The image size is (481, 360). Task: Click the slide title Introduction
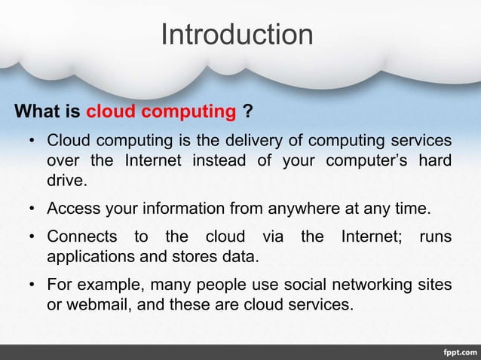(237, 35)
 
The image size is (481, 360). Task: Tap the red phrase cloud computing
(161, 113)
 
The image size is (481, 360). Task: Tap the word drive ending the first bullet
(66, 181)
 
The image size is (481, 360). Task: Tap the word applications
(91, 258)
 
